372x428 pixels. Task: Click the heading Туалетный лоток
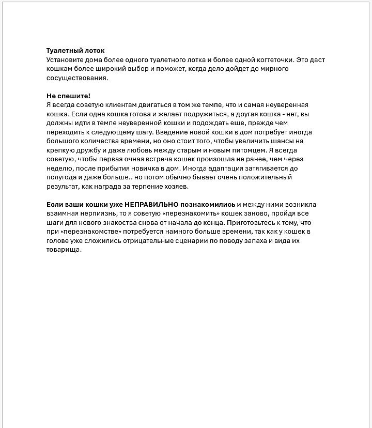(x=75, y=51)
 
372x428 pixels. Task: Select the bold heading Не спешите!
(x=68, y=96)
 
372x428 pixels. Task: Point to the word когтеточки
(x=275, y=60)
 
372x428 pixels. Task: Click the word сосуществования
(x=77, y=79)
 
